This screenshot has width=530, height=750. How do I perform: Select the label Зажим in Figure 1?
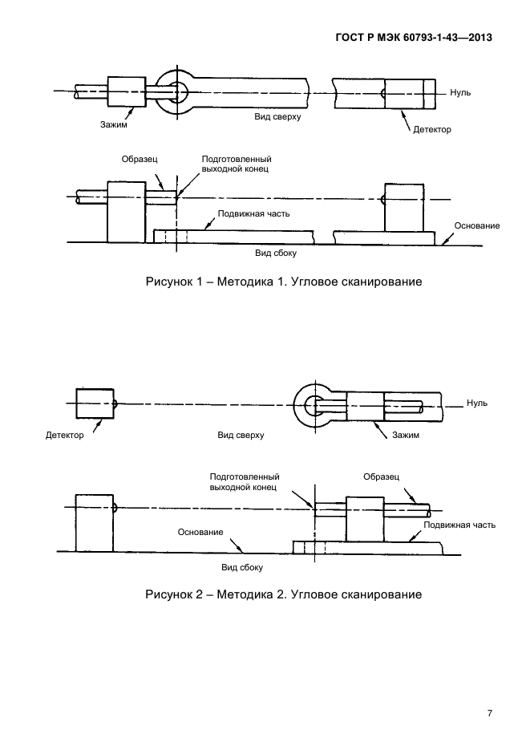click(114, 124)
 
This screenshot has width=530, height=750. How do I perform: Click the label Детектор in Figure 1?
click(433, 128)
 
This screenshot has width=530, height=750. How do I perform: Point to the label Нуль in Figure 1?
click(460, 92)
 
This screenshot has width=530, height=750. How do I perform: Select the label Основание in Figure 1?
click(477, 225)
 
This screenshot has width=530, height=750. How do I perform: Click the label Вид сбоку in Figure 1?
click(276, 253)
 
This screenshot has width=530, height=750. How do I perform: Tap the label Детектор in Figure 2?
click(66, 436)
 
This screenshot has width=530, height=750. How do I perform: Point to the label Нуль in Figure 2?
click(476, 403)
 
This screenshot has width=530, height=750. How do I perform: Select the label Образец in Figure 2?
click(381, 476)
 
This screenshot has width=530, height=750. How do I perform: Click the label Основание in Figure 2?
click(200, 533)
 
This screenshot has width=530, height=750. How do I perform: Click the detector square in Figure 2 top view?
click(95, 403)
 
